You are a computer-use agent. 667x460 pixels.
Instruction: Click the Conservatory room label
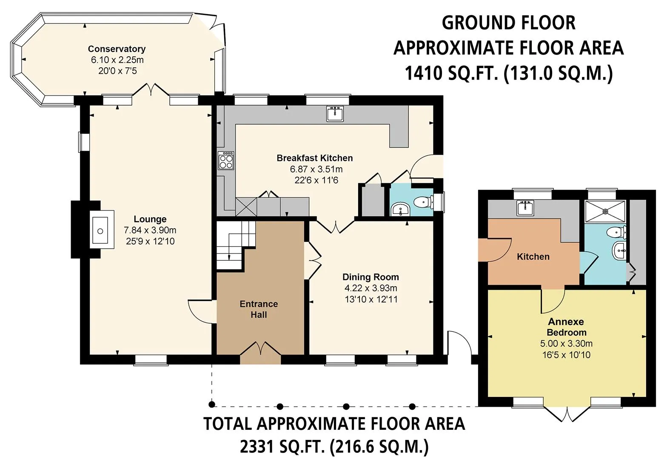(x=117, y=49)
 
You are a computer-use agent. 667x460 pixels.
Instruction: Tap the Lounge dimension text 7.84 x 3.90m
(x=150, y=230)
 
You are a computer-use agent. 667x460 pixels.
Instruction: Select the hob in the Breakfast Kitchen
(x=226, y=161)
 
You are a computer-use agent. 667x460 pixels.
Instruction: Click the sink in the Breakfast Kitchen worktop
(x=335, y=114)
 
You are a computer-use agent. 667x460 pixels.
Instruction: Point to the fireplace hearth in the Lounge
(x=102, y=230)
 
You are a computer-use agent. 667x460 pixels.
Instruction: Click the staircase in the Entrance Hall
(x=236, y=245)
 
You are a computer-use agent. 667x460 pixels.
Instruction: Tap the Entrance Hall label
(x=259, y=309)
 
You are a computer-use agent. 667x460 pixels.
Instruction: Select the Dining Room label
(x=371, y=277)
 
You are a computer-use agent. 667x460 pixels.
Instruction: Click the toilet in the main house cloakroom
(x=424, y=202)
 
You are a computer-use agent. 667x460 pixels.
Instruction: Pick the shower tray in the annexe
(x=605, y=211)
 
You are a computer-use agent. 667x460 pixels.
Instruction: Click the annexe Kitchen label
(x=533, y=257)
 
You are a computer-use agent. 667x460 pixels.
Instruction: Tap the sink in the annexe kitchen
(x=526, y=207)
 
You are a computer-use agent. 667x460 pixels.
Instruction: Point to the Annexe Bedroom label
(x=566, y=327)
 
